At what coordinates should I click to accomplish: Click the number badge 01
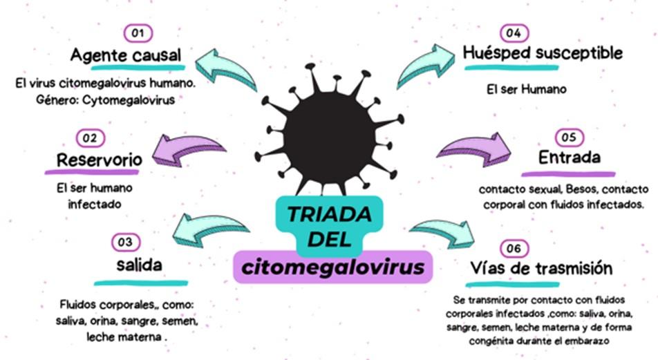138,32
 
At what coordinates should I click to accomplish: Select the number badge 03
125,242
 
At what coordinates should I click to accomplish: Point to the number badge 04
513,32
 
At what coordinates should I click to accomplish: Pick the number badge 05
568,137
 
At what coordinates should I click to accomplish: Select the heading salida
140,265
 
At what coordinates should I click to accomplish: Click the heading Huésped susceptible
544,53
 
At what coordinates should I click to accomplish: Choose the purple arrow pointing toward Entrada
473,148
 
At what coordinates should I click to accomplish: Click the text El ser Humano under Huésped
517,89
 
